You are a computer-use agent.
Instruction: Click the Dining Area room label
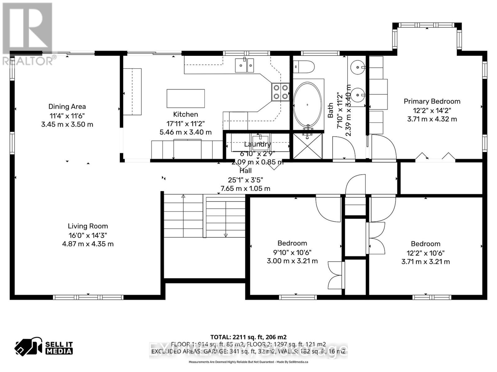[67, 107]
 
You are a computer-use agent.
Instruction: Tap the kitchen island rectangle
[186, 98]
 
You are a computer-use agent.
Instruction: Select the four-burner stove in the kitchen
[280, 92]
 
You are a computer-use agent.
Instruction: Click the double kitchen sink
[244, 65]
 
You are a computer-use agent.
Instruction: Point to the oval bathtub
[308, 105]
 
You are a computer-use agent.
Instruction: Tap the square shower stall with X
[308, 146]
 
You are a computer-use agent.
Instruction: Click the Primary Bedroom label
[432, 101]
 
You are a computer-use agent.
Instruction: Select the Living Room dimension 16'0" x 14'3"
[88, 235]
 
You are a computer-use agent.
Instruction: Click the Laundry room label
[257, 144]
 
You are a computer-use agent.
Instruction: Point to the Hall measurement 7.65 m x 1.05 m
[245, 188]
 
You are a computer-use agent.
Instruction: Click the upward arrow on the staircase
[183, 196]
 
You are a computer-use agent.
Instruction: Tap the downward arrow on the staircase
[226, 235]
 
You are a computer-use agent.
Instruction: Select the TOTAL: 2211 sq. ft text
[248, 337]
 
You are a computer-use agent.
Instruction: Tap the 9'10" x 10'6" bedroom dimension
[292, 252]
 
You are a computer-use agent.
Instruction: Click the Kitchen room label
[185, 114]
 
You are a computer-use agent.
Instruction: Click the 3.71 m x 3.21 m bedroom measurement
[425, 262]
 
